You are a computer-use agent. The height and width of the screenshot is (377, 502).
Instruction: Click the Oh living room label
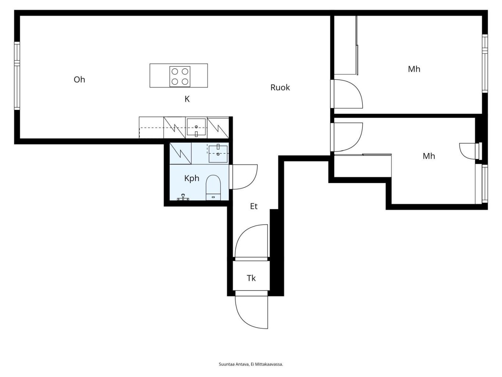79,80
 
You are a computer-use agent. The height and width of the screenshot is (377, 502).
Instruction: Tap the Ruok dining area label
280,88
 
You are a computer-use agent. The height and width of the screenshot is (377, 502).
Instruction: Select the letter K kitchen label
187,99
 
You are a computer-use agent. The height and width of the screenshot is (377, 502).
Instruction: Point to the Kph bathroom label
192,178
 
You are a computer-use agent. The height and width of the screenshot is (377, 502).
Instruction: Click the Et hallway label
254,206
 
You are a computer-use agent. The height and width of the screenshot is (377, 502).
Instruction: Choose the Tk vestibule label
251,278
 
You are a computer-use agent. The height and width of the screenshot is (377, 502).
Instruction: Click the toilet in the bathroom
213,188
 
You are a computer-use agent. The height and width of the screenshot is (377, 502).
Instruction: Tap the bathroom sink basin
218,154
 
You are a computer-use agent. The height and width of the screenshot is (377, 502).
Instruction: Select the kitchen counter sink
196,127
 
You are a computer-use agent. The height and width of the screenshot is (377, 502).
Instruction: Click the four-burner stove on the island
180,77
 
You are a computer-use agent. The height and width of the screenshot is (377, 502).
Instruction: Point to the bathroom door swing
243,177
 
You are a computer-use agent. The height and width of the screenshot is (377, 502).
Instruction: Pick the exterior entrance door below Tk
251,312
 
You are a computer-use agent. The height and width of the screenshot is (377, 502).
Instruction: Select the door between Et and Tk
251,242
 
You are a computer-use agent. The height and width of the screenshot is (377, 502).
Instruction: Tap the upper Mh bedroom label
414,69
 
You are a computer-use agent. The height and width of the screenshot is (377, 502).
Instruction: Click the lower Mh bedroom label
429,156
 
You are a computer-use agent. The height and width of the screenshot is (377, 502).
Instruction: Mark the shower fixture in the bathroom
183,197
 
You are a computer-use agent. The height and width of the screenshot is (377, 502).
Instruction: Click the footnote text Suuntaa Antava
234,364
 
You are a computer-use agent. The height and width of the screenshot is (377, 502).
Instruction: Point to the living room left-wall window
17,76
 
